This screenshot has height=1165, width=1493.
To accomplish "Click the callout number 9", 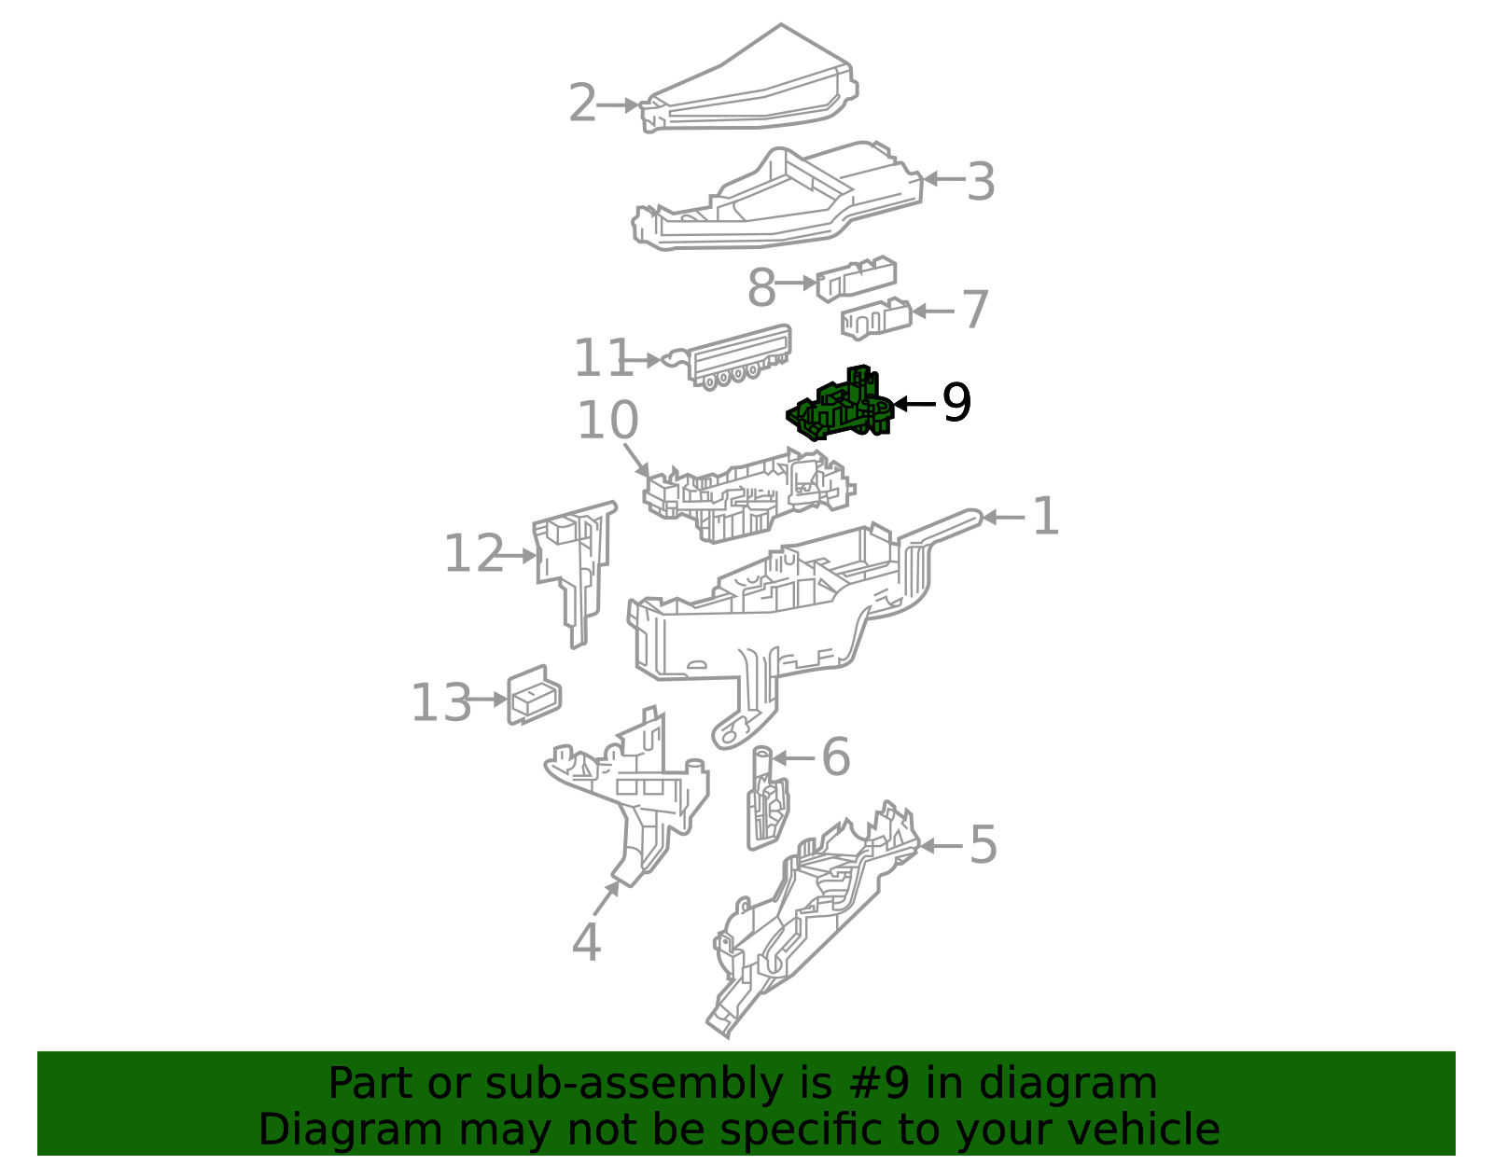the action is pos(956,403).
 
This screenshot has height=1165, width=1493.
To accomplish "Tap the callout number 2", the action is pos(582,103).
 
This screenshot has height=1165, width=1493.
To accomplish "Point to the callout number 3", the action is pos(981,181).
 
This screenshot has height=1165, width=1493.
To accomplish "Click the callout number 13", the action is pos(441,703).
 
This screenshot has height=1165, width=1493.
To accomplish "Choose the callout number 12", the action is pos(474,553).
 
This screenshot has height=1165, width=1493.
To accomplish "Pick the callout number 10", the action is pos(607,420).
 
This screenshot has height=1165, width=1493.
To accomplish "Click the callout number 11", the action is pos(603,357).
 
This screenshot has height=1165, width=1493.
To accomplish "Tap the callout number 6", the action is pos(836,757).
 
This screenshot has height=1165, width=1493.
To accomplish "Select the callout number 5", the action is pos(984,844).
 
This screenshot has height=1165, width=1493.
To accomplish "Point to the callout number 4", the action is pos(586,942).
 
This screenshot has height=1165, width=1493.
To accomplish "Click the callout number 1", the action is pos(1046,516).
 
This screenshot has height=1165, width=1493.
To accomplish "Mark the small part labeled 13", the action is pos(534,695).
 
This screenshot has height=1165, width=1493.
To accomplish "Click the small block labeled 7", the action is pos(876,318).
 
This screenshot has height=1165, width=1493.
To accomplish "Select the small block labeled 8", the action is pos(856,278).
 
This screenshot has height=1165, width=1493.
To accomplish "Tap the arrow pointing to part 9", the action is pos(914,404).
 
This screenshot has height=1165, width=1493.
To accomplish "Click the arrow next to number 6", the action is pos(793,758).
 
